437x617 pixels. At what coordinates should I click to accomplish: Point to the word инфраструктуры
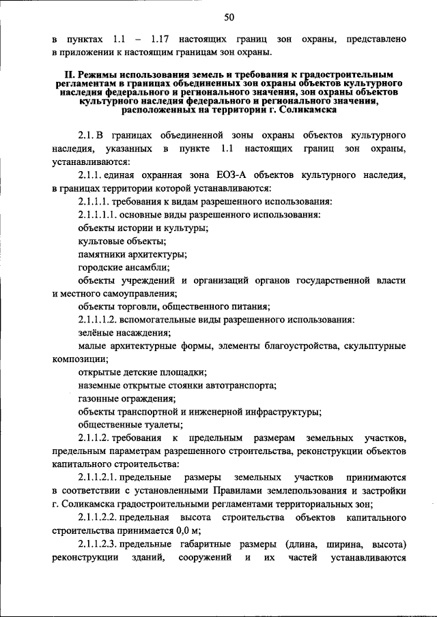280,411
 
